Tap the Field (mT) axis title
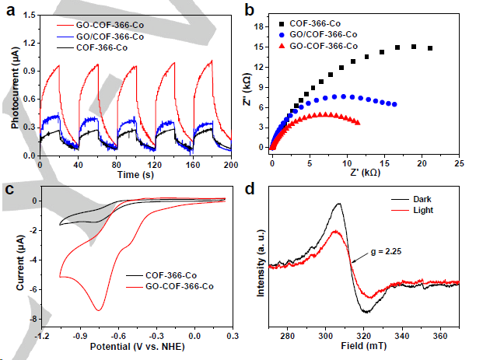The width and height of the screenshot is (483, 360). click(363, 346)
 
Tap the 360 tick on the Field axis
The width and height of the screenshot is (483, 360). click(439, 335)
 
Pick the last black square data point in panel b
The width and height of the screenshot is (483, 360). click(430, 48)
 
